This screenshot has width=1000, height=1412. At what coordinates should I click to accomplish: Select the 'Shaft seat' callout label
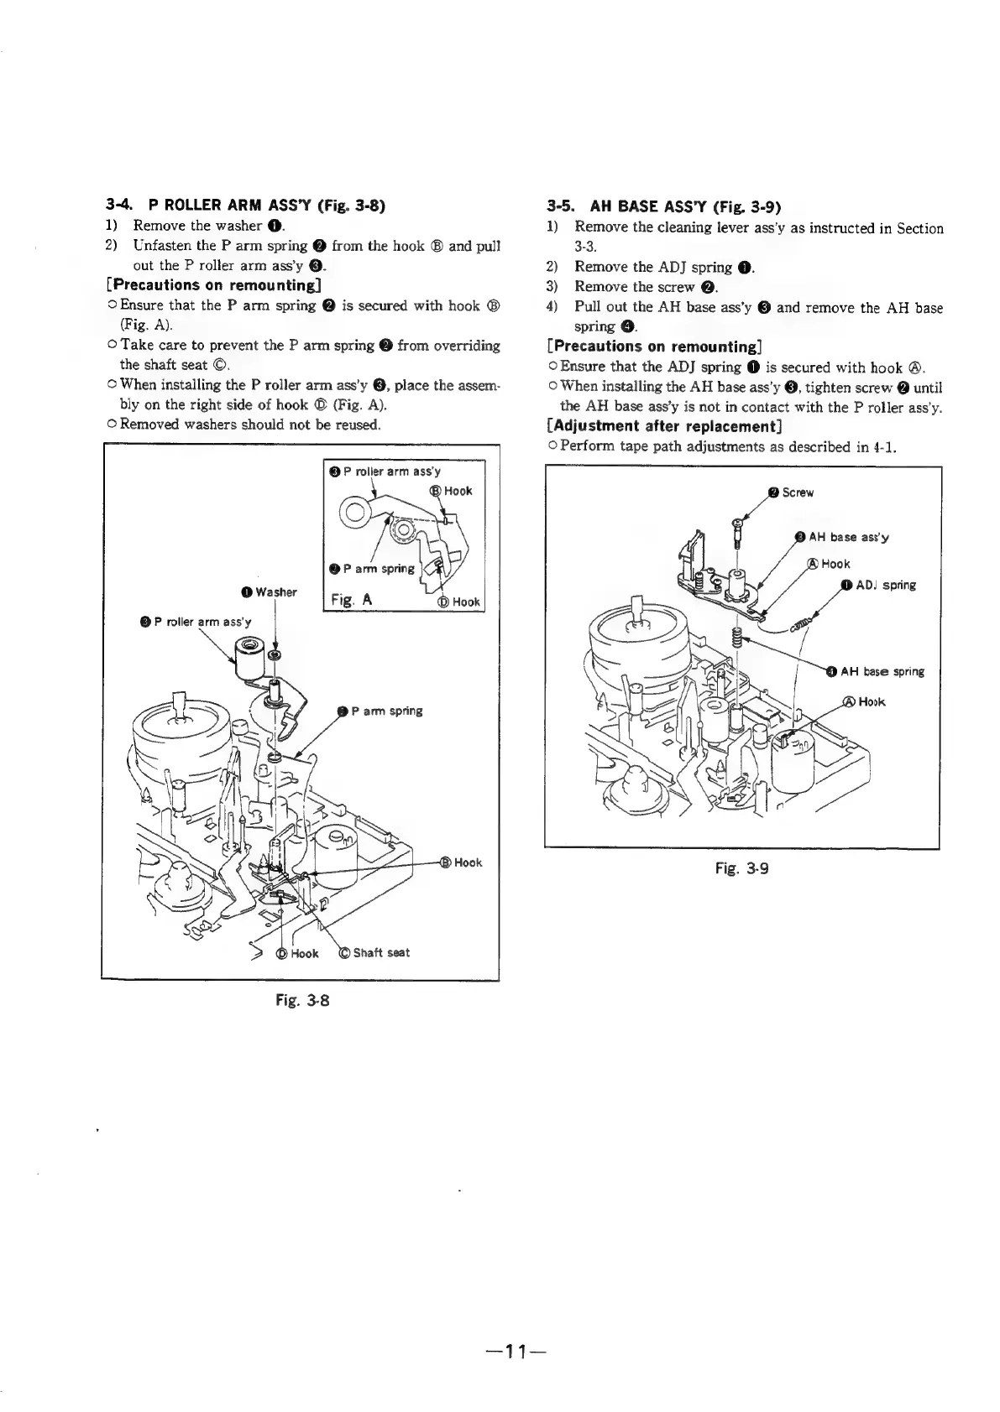pyautogui.click(x=380, y=952)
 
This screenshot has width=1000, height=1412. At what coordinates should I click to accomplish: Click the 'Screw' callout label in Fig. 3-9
pyautogui.click(x=797, y=492)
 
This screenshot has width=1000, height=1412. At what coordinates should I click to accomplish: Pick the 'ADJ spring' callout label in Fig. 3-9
pyautogui.click(x=885, y=585)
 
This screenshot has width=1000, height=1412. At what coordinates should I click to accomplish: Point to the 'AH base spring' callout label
pyautogui.click(x=882, y=671)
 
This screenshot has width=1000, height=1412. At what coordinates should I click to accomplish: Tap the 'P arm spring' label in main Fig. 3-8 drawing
pyautogui.click(x=386, y=711)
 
